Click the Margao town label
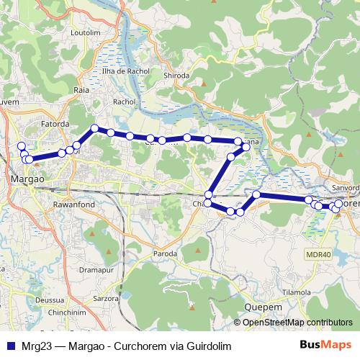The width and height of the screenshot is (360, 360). (28, 177)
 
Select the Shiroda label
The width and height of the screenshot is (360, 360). (176, 75)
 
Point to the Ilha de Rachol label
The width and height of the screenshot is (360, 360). (126, 71)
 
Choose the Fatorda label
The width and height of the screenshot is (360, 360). (55, 123)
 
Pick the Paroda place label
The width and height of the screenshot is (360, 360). (166, 254)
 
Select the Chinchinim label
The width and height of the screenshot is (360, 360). (68, 314)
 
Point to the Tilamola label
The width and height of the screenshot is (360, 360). (296, 292)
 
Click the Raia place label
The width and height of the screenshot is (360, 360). (81, 90)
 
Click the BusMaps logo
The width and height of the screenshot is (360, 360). (330, 346)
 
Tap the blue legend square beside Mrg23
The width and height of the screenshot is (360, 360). (9, 346)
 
